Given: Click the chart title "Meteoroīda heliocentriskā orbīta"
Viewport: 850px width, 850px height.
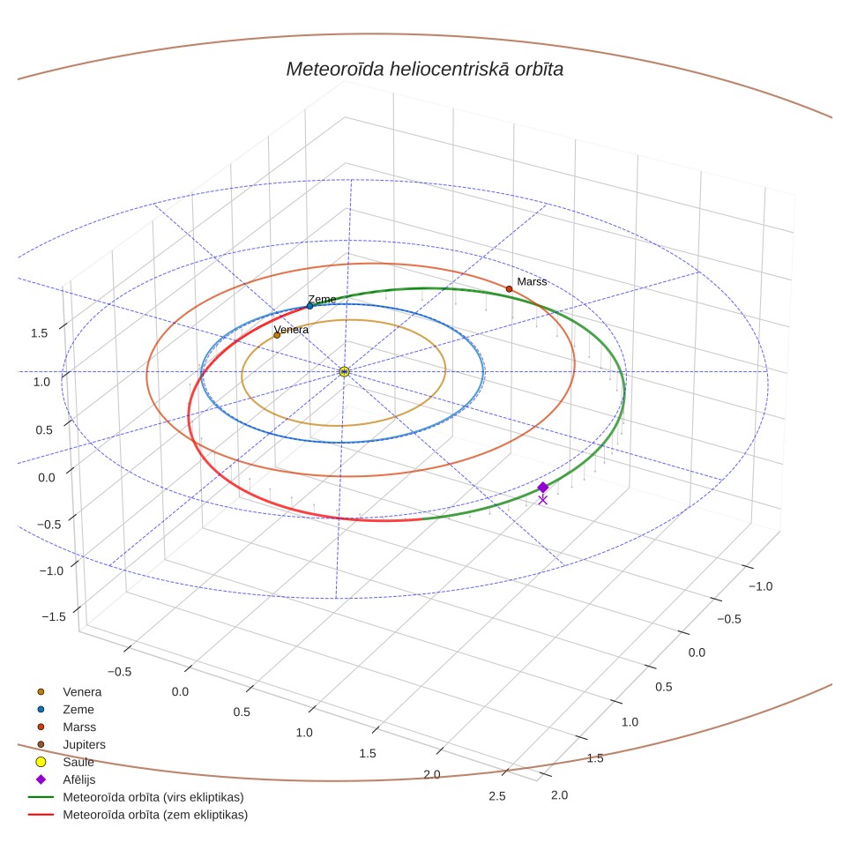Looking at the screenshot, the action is tap(424, 70).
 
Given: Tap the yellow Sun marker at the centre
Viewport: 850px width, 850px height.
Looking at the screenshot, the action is tap(344, 371).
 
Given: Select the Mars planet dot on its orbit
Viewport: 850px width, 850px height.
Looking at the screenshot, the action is tap(509, 289).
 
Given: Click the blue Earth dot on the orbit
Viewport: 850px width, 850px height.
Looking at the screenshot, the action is tap(310, 306).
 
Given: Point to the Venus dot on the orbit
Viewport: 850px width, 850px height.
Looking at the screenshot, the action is tap(277, 335).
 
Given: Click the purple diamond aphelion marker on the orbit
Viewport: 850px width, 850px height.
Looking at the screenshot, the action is tap(542, 488).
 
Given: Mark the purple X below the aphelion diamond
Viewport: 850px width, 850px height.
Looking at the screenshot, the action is tap(542, 500).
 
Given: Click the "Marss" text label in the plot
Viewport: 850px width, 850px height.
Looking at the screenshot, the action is tap(532, 281).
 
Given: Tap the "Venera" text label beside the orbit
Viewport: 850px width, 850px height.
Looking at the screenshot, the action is tap(291, 330).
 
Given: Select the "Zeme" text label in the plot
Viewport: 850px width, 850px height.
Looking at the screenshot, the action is tap(322, 299).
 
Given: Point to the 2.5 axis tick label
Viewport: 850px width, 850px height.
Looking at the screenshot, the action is tap(497, 796).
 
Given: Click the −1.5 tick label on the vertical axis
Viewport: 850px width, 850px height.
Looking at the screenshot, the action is tap(54, 616).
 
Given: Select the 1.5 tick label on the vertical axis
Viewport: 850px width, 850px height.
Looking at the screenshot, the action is tap(39, 332).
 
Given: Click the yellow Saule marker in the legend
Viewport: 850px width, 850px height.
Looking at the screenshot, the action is tap(41, 762).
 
